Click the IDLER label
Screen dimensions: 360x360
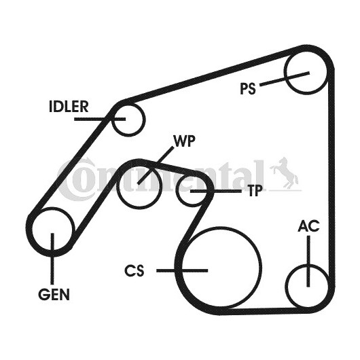pos(69,107)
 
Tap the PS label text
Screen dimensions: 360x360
pos(248,88)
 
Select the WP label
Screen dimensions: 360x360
pos(185,141)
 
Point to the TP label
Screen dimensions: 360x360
pos(255,191)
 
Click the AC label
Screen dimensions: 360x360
pos(308,226)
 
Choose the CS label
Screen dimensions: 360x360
pos(134,270)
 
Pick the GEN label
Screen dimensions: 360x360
pos(54,294)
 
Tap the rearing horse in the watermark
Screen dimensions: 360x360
pos(285,173)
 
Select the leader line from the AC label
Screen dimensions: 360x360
pos(308,262)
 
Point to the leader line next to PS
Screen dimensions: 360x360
pos(285,79)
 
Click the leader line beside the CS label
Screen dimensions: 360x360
pos(182,271)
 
